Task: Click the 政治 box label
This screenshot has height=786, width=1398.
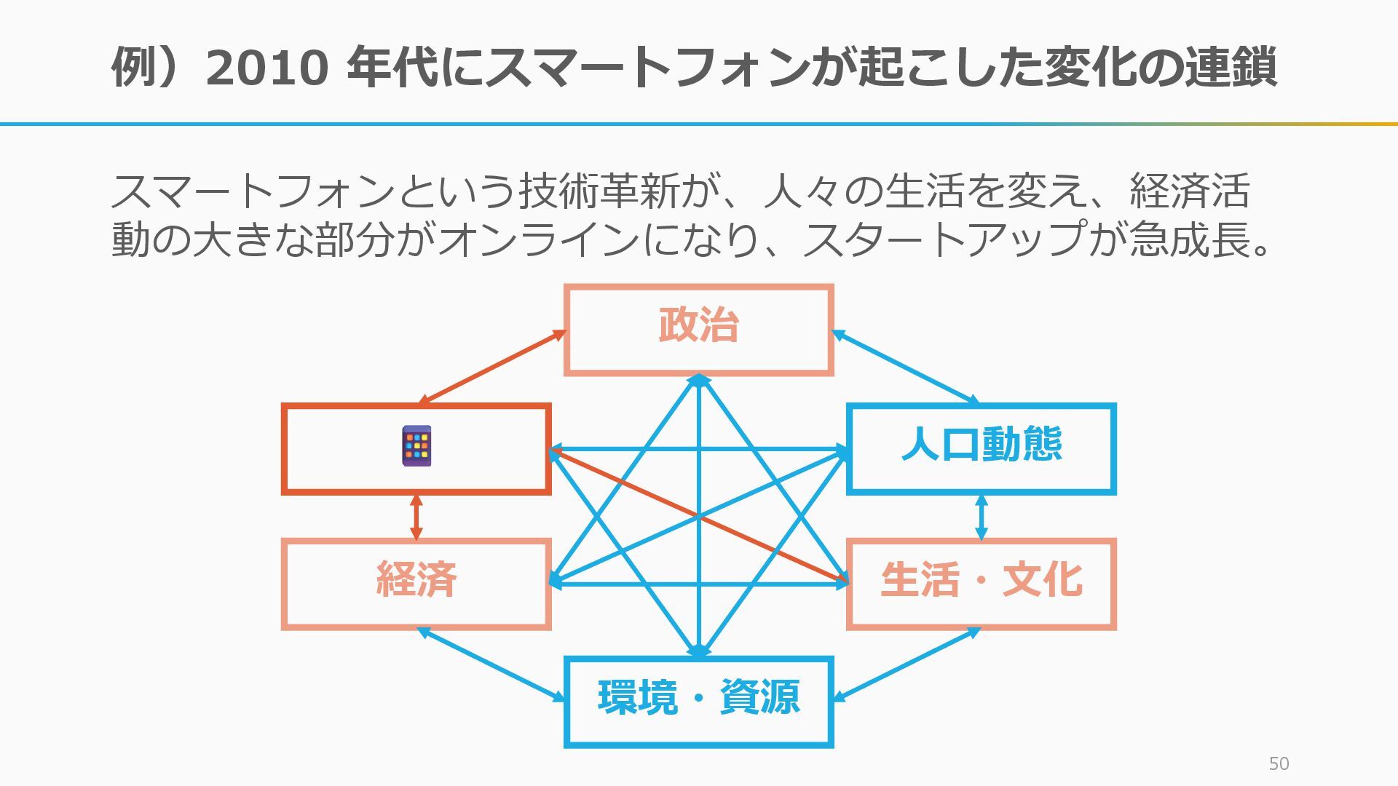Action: coord(698,325)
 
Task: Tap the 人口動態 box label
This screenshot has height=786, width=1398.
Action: coord(981,445)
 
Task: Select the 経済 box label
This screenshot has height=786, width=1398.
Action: coord(416,579)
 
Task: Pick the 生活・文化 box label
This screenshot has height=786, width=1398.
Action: coord(981,580)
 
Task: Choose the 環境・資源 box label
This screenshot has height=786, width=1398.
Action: coord(698,697)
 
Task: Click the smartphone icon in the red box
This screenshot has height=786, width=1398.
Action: coord(416,445)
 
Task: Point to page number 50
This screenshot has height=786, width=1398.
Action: coord(1279,763)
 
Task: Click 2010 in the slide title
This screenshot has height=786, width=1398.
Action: coord(267,68)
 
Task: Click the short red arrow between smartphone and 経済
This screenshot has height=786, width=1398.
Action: coord(416,517)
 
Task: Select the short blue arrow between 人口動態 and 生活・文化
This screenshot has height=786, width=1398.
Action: coord(981,517)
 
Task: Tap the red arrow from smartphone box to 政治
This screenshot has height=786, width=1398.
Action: coord(492,366)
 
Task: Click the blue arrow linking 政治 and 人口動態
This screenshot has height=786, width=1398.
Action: coord(905,367)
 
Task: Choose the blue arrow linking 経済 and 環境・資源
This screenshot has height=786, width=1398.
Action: coord(492,664)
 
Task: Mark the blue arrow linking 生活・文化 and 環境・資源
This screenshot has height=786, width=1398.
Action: coord(906,664)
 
